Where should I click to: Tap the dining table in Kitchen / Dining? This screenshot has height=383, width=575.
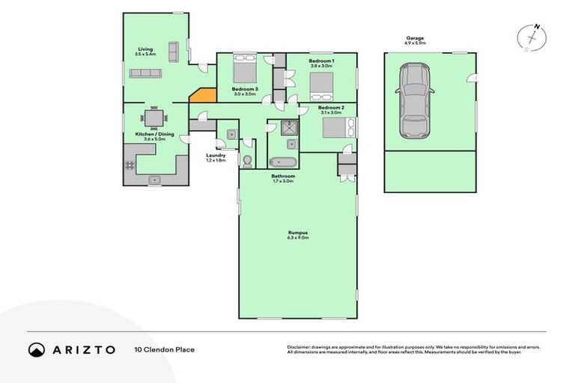point(153,117)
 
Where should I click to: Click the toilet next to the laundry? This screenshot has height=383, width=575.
point(248,160)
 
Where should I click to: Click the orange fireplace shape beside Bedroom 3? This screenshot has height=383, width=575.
point(203,95)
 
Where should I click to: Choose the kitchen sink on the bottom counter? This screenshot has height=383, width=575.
point(155,179)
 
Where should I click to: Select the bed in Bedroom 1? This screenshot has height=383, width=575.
point(321,85)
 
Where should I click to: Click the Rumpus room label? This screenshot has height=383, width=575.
point(298,233)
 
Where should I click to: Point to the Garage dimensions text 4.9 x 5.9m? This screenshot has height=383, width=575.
point(415,43)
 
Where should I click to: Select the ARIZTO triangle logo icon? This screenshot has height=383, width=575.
point(37,349)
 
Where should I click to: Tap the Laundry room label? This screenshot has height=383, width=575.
point(216,156)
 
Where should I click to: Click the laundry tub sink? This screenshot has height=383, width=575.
point(231,135)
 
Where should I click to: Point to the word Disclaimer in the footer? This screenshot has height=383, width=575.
point(299,347)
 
